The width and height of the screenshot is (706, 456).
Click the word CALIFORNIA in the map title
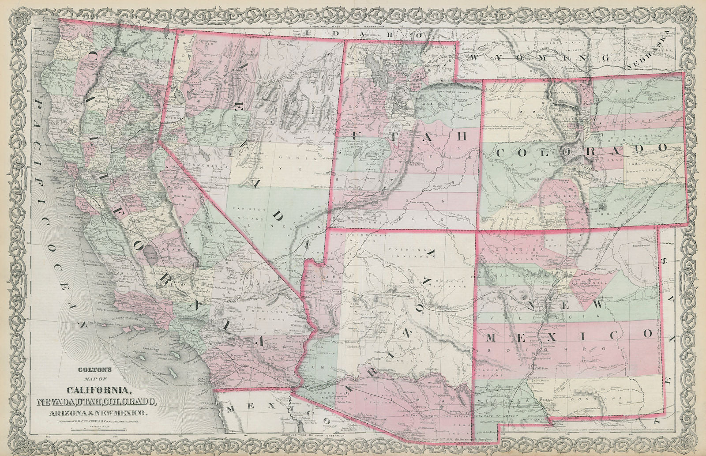pyautogui.click(x=99, y=390)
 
